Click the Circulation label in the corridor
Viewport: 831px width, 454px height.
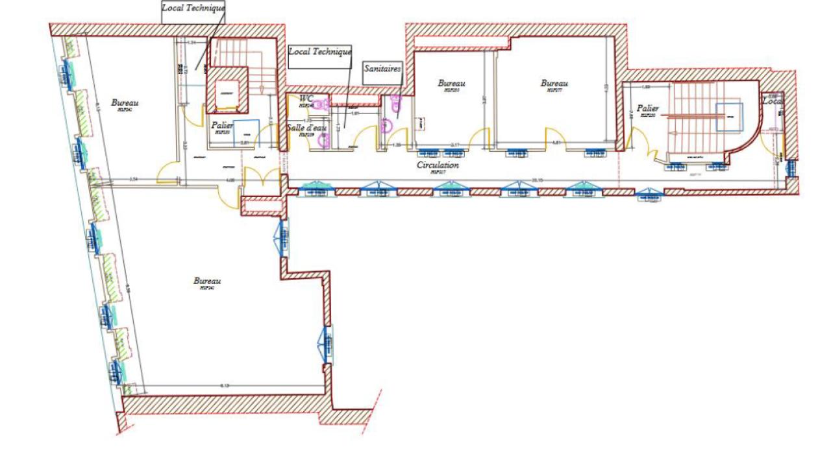tap(438, 165)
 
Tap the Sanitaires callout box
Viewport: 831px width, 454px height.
tap(382, 67)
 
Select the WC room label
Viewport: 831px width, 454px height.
tap(306, 99)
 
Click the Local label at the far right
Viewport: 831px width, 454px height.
tap(773, 102)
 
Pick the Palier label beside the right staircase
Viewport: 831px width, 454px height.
tap(647, 109)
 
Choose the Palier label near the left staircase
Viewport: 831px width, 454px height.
tap(222, 125)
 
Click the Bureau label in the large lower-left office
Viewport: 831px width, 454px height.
tap(207, 281)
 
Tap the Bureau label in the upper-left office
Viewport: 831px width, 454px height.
tap(125, 102)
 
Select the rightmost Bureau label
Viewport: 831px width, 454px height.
tap(554, 83)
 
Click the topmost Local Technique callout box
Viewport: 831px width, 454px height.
tap(193, 8)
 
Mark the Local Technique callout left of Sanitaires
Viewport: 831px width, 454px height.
tap(319, 51)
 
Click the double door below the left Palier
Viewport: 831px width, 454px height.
tap(261, 180)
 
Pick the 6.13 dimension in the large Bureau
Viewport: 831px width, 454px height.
tap(225, 386)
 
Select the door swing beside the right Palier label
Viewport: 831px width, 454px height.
tap(636, 139)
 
